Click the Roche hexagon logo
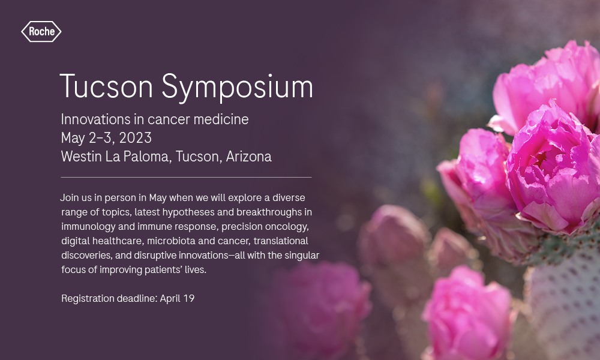(x=41, y=31)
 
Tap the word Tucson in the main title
(x=106, y=86)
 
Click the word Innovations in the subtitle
(x=95, y=119)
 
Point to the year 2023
(x=136, y=138)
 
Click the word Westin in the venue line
(x=81, y=157)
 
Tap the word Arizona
(x=249, y=157)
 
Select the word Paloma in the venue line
(x=147, y=157)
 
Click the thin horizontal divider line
(x=187, y=177)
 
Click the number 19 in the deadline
(x=188, y=298)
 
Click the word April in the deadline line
(x=170, y=298)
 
